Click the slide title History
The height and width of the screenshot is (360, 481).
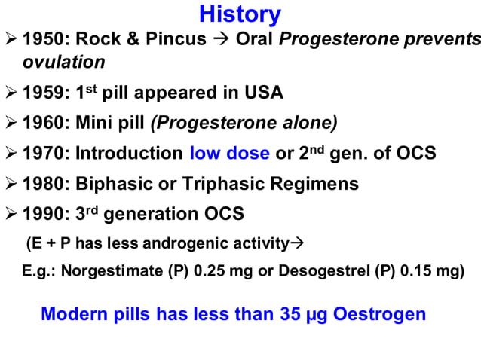pyautogui.click(x=240, y=14)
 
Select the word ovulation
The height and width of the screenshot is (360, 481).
pyautogui.click(x=63, y=61)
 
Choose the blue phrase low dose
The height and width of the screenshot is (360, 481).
pyautogui.click(x=229, y=154)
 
